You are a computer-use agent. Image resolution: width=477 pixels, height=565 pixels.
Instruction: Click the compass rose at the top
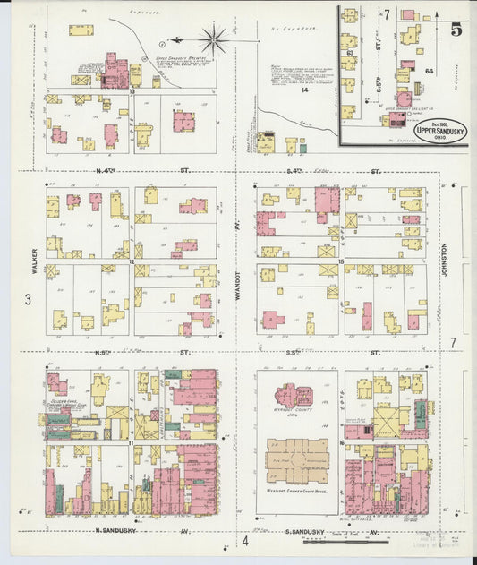click(213, 39)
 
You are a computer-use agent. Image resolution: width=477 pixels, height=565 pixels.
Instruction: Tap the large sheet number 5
click(456, 29)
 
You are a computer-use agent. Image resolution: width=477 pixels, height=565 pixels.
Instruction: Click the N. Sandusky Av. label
click(133, 531)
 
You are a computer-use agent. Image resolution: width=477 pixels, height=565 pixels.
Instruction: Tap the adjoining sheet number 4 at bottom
click(243, 541)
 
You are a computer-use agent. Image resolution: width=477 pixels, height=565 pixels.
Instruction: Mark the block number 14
click(303, 90)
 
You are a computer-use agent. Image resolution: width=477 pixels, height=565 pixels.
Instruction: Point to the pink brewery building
click(115, 70)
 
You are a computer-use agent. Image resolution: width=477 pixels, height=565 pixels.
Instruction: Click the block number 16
click(342, 442)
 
